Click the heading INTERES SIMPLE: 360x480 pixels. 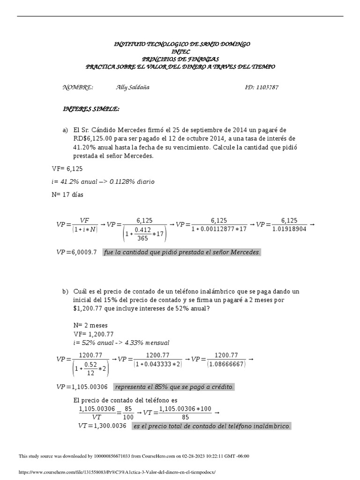tap(91, 109)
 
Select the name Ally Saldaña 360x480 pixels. tap(132, 88)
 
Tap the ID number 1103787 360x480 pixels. tap(268, 88)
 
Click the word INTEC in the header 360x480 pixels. tap(182, 51)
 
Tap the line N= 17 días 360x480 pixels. tap(67, 195)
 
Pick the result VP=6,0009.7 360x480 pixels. tap(76, 252)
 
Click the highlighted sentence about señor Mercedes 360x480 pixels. tap(182, 252)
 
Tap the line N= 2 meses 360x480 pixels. tap(90, 325)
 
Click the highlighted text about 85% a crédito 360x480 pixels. tap(174, 387)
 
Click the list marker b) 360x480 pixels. tap(65, 292)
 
